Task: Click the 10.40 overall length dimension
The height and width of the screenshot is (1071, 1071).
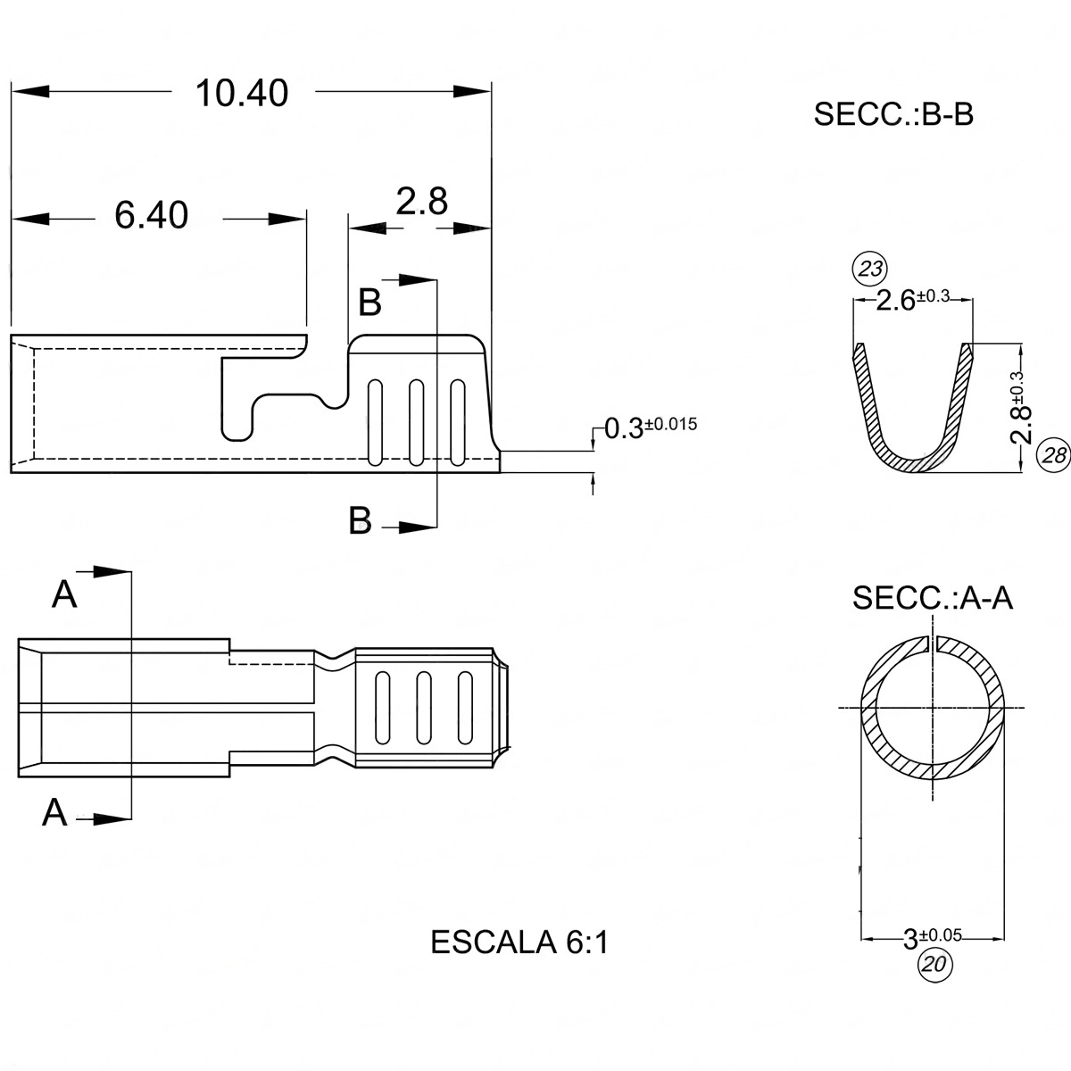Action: (242, 94)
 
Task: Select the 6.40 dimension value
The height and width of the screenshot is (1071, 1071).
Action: (152, 216)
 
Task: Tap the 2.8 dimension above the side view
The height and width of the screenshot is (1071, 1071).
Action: (421, 203)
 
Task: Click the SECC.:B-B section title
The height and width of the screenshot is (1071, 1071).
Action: (892, 115)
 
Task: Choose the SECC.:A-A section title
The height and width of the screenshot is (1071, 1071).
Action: (932, 597)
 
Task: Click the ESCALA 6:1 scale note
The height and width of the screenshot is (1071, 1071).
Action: (519, 942)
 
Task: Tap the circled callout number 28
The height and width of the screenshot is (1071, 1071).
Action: (1053, 455)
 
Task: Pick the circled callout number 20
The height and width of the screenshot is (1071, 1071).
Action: (934, 964)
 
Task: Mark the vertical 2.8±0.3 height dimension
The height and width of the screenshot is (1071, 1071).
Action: (1023, 407)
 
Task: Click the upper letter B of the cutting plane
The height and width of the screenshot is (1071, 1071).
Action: (369, 303)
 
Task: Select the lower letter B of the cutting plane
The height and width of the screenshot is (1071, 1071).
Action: (360, 520)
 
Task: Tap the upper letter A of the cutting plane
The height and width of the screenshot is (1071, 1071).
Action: (64, 594)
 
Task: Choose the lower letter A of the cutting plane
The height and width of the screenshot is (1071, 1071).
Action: (55, 812)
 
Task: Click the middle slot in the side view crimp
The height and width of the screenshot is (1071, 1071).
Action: (415, 422)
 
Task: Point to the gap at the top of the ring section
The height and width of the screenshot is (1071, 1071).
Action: (933, 643)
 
